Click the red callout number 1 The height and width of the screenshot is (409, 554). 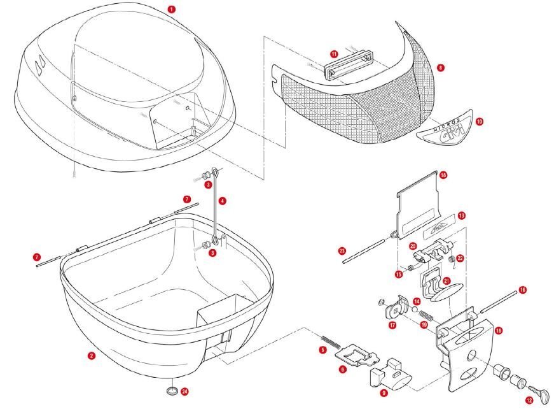(x=171, y=9)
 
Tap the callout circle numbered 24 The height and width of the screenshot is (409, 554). (x=184, y=391)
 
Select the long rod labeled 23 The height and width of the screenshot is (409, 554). (x=366, y=245)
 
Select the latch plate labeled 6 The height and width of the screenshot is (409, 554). (x=353, y=353)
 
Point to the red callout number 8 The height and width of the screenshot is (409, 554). (x=441, y=67)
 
